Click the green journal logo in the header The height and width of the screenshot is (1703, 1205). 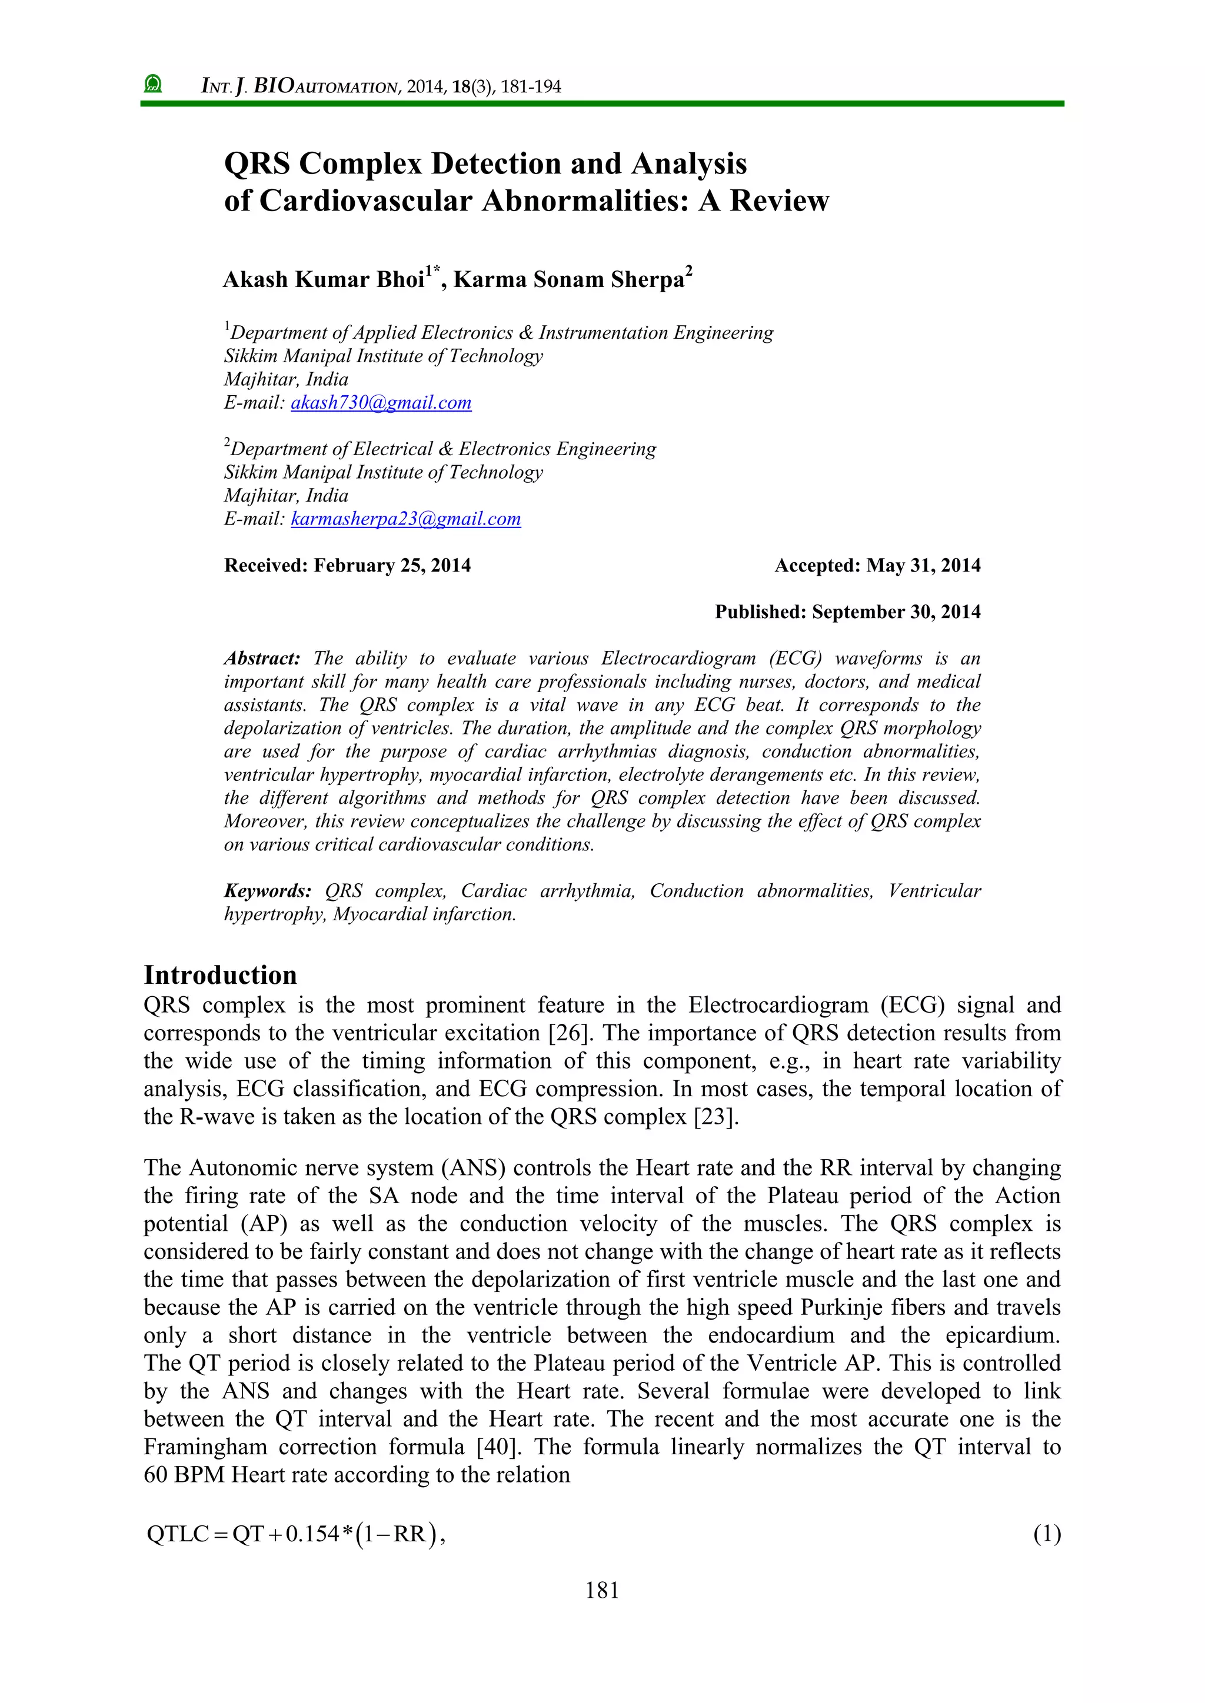(154, 84)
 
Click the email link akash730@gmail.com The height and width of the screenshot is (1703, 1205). (381, 403)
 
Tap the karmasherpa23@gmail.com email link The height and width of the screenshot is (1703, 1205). (405, 519)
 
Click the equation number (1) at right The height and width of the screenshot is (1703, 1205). (1047, 1533)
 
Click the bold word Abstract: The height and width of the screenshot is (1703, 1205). (262, 659)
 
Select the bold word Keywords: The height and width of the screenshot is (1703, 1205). (267, 891)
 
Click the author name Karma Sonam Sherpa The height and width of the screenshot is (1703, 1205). (568, 280)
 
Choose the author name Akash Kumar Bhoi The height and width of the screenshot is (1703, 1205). (324, 280)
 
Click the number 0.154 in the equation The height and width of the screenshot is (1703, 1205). (312, 1534)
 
